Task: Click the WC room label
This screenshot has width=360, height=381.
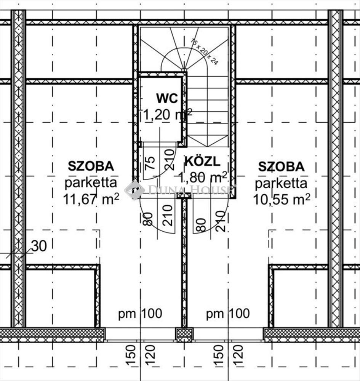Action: (167, 98)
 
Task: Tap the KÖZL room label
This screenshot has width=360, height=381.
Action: (203, 161)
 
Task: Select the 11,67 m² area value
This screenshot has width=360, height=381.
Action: (91, 199)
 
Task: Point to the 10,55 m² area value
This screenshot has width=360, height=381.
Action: (282, 200)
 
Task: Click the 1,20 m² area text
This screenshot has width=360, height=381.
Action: (167, 114)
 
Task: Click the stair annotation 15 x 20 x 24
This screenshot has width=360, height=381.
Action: (204, 51)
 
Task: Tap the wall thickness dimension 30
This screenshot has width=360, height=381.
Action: (39, 246)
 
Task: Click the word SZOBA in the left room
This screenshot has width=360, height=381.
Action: (91, 166)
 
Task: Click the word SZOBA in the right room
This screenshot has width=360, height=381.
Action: (281, 167)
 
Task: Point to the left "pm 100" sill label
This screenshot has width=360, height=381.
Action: (140, 314)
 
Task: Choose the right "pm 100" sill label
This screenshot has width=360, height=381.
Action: (228, 314)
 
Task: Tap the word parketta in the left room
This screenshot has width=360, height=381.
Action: (91, 183)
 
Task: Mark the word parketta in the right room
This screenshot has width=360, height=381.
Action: (281, 183)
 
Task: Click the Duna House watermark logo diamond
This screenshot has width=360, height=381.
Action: (134, 190)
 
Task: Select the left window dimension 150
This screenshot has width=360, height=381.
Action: (131, 355)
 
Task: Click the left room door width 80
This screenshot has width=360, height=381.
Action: (148, 219)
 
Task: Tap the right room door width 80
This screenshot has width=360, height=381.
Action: (201, 225)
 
